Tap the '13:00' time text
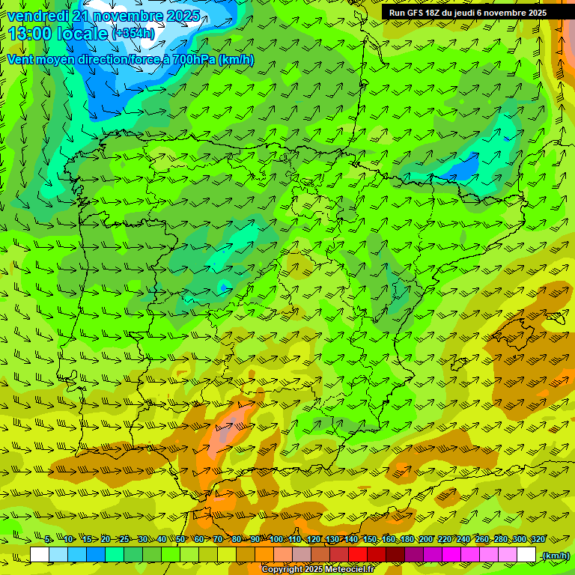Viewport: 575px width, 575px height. [x=31, y=33]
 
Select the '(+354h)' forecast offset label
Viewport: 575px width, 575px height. [x=133, y=33]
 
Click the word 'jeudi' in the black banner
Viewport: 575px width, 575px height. [x=471, y=12]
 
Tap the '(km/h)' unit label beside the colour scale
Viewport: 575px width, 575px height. [x=555, y=555]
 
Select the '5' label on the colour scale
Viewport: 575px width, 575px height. [x=48, y=539]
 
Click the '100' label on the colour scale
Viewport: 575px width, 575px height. [x=276, y=539]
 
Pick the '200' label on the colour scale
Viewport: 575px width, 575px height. [x=426, y=539]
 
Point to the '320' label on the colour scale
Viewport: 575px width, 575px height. [x=538, y=539]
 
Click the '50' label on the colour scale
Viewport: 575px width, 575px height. [x=180, y=539]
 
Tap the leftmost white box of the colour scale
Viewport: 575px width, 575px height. [x=40, y=555]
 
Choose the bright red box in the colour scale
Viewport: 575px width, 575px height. [x=358, y=555]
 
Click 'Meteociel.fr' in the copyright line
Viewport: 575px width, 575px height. [x=352, y=570]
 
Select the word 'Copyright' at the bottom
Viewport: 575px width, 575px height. [x=282, y=570]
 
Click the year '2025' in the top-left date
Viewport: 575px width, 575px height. [x=180, y=15]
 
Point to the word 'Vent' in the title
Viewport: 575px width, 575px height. [x=22, y=59]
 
